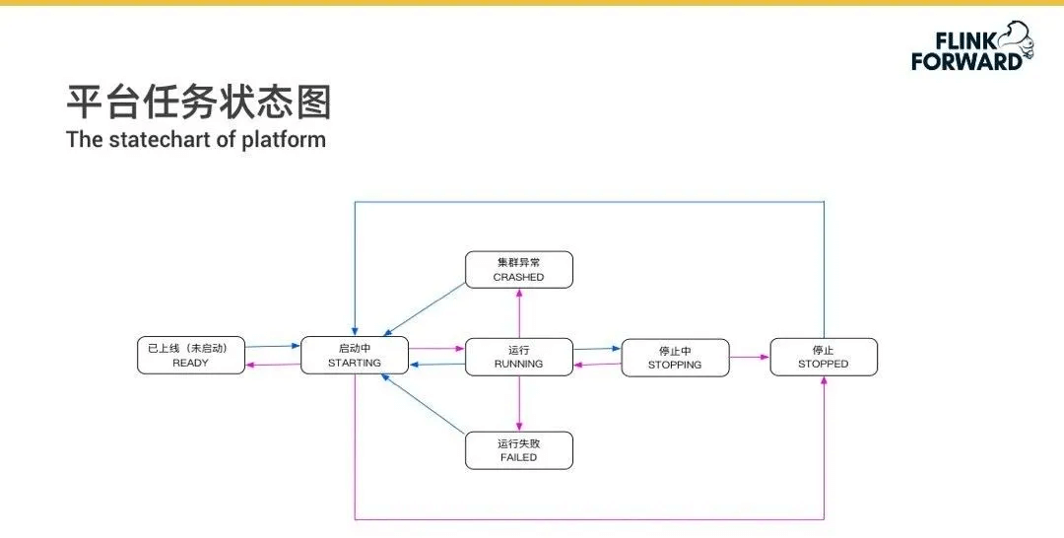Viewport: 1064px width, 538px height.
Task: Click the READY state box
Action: coord(190,356)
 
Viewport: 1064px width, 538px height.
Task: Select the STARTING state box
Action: coord(354,356)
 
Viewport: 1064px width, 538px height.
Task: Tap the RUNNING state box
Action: coord(518,357)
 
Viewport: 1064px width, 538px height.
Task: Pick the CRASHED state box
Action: coord(518,270)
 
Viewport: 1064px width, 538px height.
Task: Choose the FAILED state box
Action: coord(518,450)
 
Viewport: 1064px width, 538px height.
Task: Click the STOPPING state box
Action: coord(675,358)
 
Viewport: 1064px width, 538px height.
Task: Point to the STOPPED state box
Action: coord(823,357)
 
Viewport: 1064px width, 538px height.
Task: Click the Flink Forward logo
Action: coord(969,46)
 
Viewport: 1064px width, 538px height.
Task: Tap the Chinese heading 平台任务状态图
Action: coord(198,102)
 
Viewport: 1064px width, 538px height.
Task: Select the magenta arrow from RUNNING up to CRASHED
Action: coord(519,315)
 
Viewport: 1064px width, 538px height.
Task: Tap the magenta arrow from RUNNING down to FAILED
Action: coord(519,403)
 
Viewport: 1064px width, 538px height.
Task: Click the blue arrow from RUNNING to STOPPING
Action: coord(596,348)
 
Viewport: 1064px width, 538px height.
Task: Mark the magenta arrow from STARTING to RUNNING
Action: coord(435,348)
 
